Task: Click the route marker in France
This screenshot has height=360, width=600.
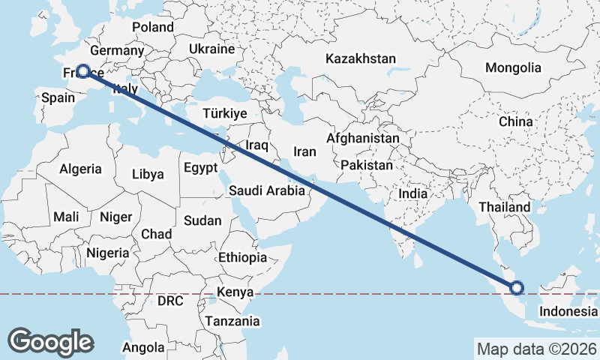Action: point(82,72)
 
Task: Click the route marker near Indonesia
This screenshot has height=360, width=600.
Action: point(516,286)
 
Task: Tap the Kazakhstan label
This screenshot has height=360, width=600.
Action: point(360,58)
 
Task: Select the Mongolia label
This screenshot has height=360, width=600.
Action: point(513,67)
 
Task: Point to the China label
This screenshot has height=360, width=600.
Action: point(515,121)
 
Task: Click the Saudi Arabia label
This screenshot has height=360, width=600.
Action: point(267,190)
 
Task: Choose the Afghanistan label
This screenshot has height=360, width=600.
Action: point(363,139)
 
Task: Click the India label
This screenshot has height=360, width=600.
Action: point(412,193)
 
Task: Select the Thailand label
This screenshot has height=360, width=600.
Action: point(505,207)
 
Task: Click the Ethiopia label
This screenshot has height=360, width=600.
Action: point(242,257)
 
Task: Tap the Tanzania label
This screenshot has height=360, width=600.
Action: point(234,321)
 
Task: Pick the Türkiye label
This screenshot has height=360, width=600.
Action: point(225,113)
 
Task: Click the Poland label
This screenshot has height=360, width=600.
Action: point(153,27)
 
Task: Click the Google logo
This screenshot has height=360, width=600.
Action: point(50,342)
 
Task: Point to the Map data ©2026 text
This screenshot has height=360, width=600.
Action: point(536,349)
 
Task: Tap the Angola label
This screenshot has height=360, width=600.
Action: point(142,347)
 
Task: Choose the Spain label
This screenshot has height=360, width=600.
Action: point(57,97)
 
